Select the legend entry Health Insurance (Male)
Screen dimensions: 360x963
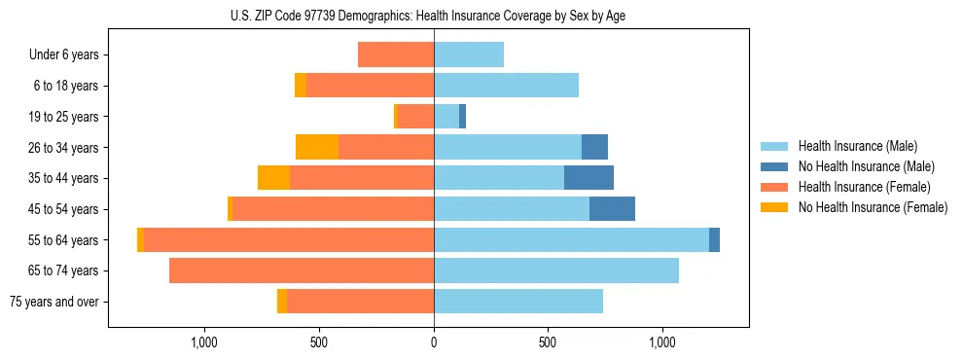click(857, 146)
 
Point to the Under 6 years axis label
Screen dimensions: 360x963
click(64, 55)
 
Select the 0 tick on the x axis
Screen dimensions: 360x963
click(434, 342)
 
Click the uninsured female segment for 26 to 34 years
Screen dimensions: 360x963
click(317, 147)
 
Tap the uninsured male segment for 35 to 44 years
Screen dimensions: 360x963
click(588, 178)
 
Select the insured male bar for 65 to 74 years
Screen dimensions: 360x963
click(556, 270)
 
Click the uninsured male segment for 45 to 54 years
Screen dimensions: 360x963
click(612, 208)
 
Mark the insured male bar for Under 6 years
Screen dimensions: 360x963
click(469, 54)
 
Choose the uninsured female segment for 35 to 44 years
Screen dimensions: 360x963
click(273, 178)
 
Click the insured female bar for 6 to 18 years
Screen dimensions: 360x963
click(370, 86)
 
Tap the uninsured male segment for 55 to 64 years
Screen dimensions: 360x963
click(714, 239)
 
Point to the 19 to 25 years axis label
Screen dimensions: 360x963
click(64, 117)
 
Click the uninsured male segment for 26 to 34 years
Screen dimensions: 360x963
click(594, 147)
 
